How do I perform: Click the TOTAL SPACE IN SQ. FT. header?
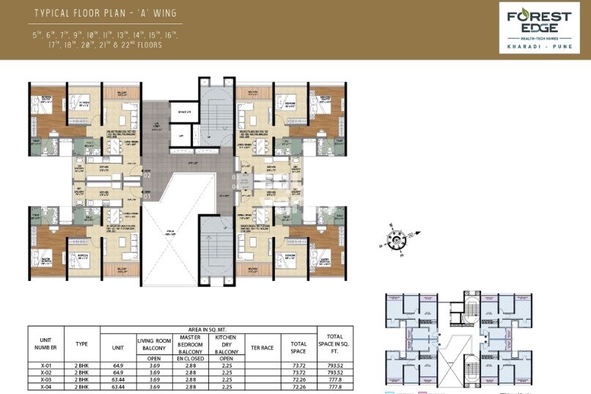click(x=334, y=343)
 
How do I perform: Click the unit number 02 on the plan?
click(x=147, y=176)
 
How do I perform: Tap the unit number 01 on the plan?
click(x=147, y=196)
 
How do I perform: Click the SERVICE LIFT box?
click(x=183, y=112)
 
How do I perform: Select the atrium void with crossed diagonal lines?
click(x=170, y=236)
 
